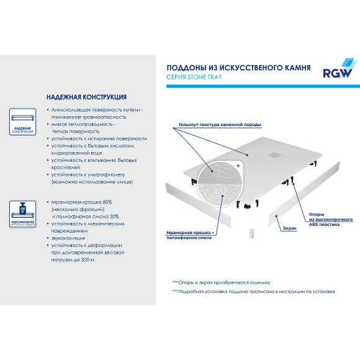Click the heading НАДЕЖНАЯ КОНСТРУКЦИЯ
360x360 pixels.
pos(87,97)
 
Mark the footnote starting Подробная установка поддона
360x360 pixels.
pos(254,291)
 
